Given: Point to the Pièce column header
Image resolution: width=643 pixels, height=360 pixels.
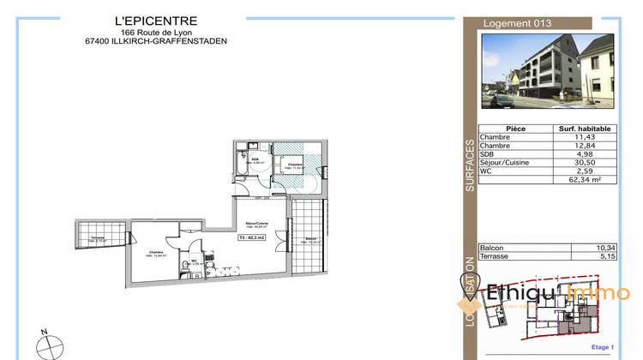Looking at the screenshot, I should [x=516, y=128].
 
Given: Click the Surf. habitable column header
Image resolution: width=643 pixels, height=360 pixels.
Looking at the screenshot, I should [x=585, y=128].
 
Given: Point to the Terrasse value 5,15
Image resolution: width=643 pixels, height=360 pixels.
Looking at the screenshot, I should [x=607, y=256].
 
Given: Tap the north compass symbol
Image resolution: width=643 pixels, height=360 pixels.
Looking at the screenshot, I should [x=49, y=346].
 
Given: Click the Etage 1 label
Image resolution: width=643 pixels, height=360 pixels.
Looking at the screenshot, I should [x=604, y=347].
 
